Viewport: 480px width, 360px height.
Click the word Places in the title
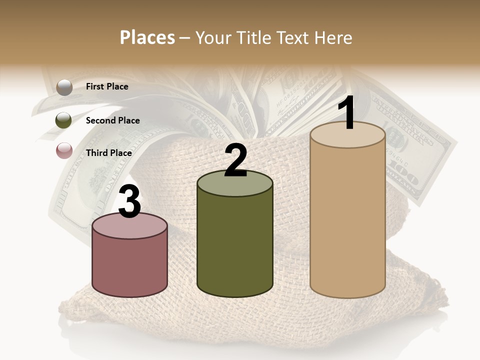coord(147,38)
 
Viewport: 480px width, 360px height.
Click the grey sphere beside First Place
coord(64,87)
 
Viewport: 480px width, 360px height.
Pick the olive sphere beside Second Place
coord(64,120)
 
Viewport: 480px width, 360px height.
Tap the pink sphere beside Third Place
coord(64,150)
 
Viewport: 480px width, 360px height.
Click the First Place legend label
coord(107,86)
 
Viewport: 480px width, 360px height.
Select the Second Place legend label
coord(112,120)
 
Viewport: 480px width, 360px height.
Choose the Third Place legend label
coord(108,153)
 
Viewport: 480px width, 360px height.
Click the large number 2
coord(235,160)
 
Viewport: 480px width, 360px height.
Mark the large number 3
coord(130,202)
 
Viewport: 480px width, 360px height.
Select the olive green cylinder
coord(235,245)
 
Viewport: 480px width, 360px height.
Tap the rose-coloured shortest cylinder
coord(130,265)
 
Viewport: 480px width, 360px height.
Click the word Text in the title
coord(293,38)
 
